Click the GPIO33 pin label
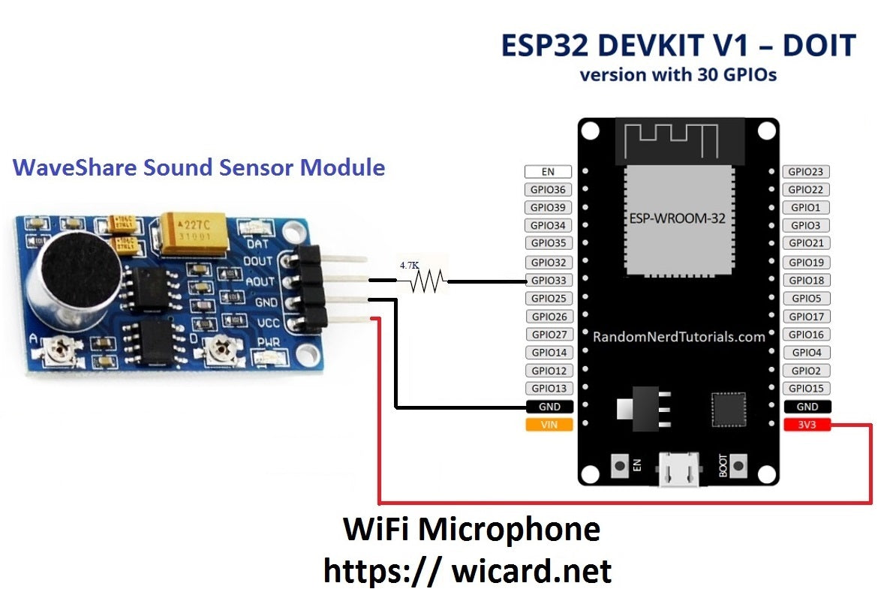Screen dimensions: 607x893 (x=549, y=281)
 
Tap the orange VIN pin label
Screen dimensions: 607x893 (x=549, y=425)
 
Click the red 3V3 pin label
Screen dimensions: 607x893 (x=807, y=425)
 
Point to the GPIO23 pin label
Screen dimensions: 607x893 (x=807, y=172)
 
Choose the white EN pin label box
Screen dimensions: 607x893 (x=549, y=172)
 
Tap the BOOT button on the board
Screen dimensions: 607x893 (x=740, y=465)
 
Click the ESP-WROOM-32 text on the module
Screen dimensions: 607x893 (x=678, y=218)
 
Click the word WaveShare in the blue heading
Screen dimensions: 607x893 (x=76, y=167)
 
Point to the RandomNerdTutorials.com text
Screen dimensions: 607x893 (x=678, y=337)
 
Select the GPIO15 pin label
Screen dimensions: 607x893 (x=807, y=389)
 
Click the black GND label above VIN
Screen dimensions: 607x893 (x=549, y=407)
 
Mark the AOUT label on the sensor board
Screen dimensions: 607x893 (x=260, y=282)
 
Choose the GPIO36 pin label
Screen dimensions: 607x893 (x=549, y=190)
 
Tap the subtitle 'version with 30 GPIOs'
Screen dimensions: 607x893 (x=678, y=75)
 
